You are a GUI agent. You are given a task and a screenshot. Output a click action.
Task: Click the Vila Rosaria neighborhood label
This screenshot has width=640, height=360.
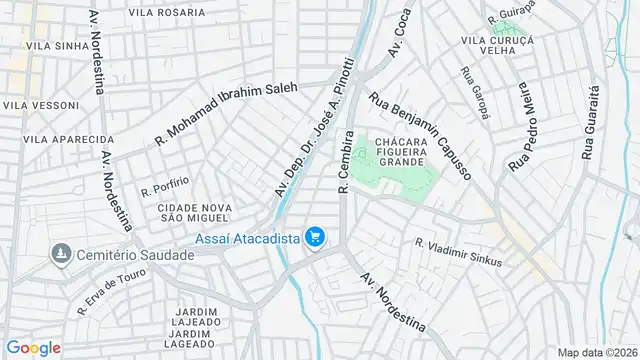pyautogui.click(x=167, y=14)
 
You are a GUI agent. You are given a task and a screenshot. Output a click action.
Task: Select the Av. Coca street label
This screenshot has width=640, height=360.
pyautogui.click(x=400, y=34)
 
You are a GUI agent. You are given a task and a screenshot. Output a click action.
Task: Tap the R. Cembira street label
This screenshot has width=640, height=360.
pyautogui.click(x=345, y=161)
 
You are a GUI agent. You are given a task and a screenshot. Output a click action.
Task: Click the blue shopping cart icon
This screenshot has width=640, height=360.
pyautogui.click(x=316, y=237)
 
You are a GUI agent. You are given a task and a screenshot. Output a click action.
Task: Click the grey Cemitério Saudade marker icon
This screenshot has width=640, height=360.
pyautogui.click(x=63, y=255)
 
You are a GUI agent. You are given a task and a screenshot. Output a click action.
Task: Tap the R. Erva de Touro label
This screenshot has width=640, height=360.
pyautogui.click(x=112, y=294)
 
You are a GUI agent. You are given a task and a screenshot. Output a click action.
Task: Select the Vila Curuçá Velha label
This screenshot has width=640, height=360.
pyautogui.click(x=497, y=45)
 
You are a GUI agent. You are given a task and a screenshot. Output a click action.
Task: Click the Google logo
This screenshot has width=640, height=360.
pyautogui.click(x=33, y=347)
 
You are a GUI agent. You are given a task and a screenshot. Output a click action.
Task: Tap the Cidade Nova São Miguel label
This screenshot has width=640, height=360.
pyautogui.click(x=195, y=213)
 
